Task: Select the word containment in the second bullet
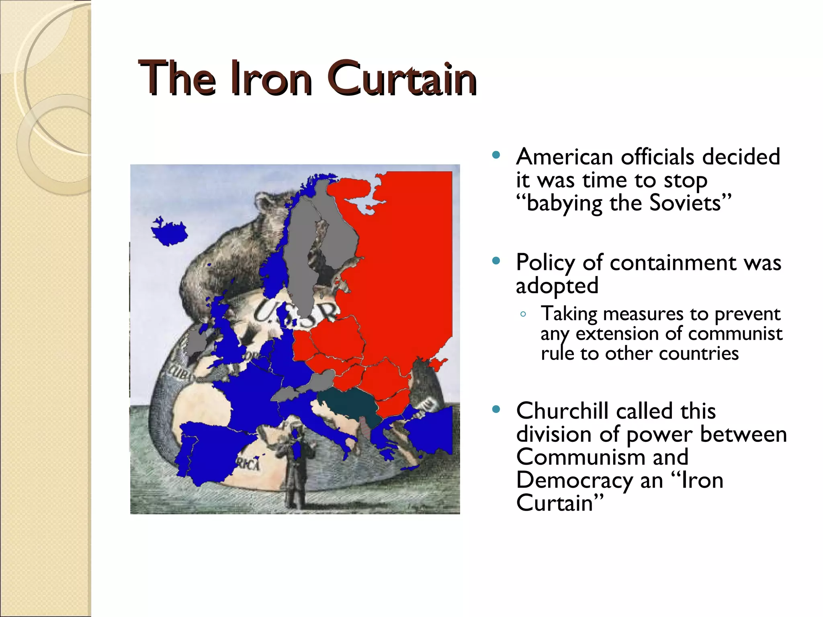click(x=673, y=263)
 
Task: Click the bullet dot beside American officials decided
click(x=496, y=155)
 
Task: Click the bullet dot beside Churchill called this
click(x=496, y=410)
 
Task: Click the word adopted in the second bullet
click(x=557, y=286)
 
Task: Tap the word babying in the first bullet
click(x=564, y=203)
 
